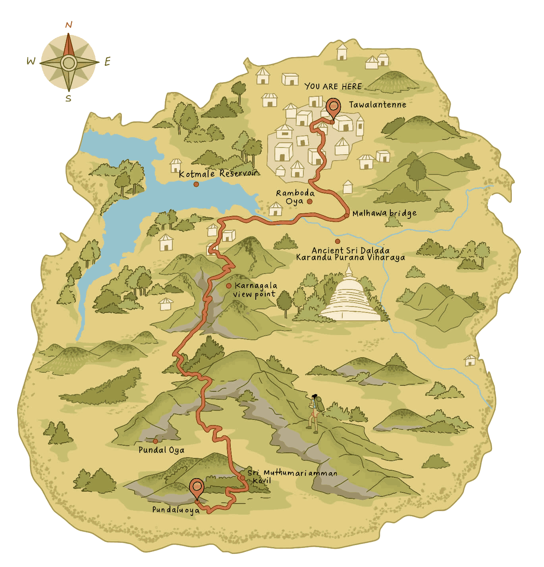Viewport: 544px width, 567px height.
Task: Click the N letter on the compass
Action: [69, 25]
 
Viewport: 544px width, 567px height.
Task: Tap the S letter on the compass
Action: [69, 98]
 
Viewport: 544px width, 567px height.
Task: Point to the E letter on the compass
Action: [107, 61]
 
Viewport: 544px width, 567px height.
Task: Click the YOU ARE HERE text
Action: [333, 86]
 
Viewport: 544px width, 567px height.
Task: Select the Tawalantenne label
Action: [377, 105]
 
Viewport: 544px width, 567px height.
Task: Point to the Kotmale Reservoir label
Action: [218, 174]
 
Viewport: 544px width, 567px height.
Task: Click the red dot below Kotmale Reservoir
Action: [196, 184]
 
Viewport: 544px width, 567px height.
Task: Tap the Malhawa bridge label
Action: [384, 213]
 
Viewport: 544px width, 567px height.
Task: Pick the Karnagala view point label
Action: [255, 290]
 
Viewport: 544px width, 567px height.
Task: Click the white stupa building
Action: [350, 297]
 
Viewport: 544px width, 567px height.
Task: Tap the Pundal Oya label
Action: [161, 450]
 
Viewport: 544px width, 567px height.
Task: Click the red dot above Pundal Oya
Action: [155, 441]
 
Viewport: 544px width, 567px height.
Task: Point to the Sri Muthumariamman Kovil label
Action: [292, 476]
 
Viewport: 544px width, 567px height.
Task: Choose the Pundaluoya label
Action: [176, 510]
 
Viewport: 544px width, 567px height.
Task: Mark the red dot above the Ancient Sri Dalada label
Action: [337, 241]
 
